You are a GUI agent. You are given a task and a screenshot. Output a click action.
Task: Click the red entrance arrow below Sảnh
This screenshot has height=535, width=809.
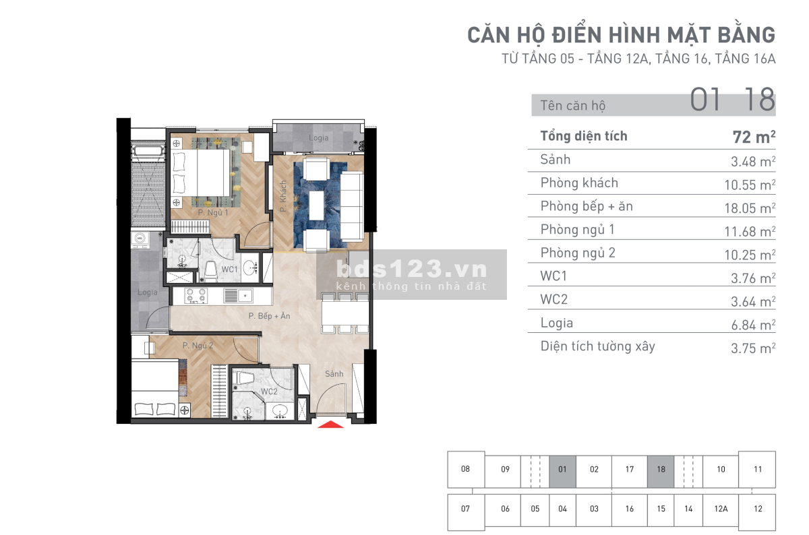[x=330, y=424]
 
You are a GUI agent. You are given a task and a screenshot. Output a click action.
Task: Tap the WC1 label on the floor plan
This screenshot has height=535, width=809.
[x=230, y=270]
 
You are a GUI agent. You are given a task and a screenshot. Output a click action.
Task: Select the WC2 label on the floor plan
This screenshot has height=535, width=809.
[x=269, y=391]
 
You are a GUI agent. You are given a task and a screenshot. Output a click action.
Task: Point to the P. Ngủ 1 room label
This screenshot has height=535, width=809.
[x=213, y=213]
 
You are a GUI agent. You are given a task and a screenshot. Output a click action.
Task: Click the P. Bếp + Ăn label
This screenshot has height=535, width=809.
[x=270, y=316]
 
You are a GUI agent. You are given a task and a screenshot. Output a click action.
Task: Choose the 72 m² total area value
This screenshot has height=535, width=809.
[x=754, y=137]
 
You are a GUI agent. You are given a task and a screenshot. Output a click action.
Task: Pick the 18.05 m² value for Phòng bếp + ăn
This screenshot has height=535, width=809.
[x=750, y=208]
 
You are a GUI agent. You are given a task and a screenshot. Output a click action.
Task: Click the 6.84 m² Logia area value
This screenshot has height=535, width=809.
[x=753, y=325]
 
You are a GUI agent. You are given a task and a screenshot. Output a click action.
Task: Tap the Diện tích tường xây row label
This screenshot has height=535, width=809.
[x=598, y=346]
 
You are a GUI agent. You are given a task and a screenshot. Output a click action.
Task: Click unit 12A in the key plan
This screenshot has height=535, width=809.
[x=721, y=509]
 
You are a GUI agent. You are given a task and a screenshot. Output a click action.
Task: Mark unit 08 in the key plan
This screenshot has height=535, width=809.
[x=466, y=469]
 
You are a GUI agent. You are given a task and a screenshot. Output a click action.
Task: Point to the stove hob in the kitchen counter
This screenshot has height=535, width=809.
[x=196, y=295]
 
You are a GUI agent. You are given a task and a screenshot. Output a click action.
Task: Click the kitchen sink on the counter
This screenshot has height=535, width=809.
[x=239, y=296]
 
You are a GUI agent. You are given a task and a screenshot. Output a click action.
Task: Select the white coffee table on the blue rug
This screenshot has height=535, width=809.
[x=316, y=206]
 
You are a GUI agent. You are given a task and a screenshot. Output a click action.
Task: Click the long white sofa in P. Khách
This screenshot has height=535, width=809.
[x=352, y=206]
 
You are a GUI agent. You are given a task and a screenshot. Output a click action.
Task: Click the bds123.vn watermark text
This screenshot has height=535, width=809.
[x=412, y=269]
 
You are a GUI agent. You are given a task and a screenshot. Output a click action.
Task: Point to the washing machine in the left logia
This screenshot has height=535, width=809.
[x=140, y=240]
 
